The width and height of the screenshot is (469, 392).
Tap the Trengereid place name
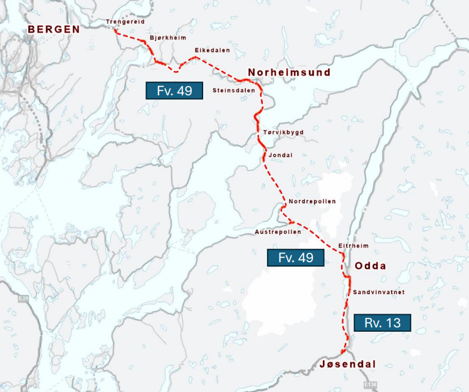point(126,22)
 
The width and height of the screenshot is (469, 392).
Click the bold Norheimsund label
point(289,73)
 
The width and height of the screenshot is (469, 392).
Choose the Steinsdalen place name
point(234,90)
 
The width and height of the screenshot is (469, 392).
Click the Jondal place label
point(280,155)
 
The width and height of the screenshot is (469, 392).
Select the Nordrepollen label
point(312,201)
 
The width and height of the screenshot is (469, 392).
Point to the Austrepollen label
point(278,231)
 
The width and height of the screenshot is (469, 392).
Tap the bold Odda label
point(371,266)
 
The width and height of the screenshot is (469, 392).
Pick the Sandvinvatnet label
point(378,292)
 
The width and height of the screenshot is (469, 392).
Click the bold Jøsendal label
point(347,364)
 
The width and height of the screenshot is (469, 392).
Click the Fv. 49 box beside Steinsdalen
point(174,90)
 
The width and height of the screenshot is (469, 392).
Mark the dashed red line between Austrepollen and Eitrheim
point(317,235)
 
